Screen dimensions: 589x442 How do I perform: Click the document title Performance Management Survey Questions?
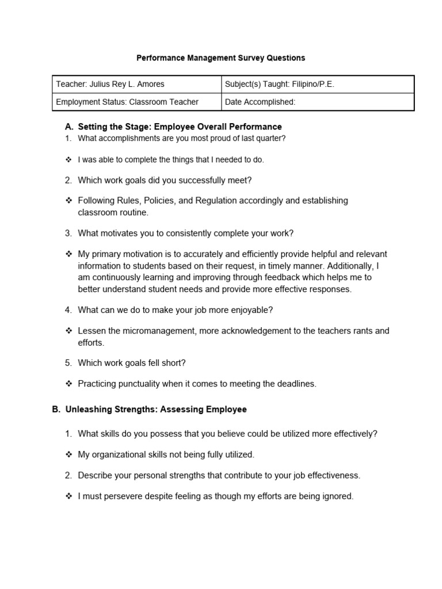click(x=220, y=58)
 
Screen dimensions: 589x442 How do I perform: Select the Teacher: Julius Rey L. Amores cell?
click(x=110, y=84)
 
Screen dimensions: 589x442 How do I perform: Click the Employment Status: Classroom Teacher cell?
click(x=127, y=102)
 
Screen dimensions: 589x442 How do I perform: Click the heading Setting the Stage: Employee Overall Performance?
click(x=180, y=127)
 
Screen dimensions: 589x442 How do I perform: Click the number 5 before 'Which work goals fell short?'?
click(x=68, y=363)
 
